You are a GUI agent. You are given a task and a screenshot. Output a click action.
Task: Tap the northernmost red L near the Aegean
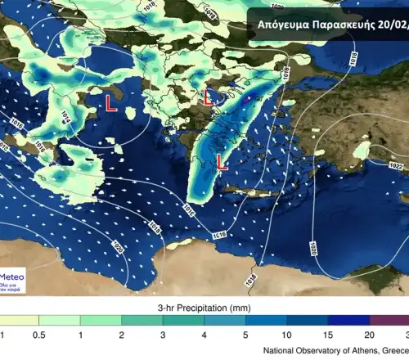[x=209, y=97]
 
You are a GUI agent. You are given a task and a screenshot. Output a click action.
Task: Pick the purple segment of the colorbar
[x=389, y=322]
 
